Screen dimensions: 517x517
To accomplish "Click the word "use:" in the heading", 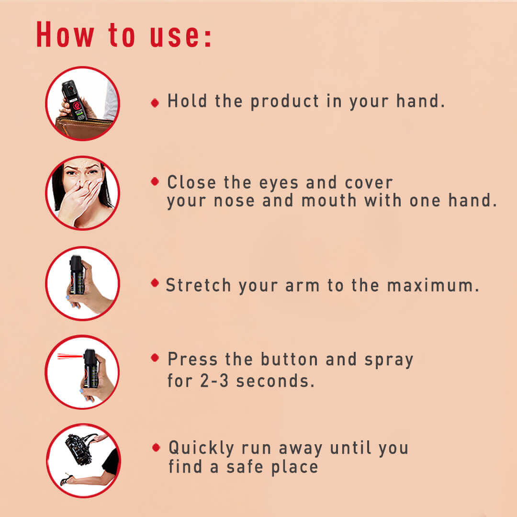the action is coord(180,35).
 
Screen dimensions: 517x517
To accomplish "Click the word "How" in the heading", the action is coord(65,34).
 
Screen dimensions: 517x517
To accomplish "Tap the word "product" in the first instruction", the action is coord(284,101).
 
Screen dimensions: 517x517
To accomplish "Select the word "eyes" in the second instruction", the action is coord(279,183).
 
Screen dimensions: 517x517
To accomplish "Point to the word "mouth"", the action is coord(329,201).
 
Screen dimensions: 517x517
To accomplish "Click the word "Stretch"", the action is coord(198,285).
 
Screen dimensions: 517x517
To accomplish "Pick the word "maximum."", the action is coord(433,285).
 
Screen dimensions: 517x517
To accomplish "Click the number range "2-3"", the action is coord(214,381).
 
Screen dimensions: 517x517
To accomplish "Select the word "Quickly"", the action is coord(202,448).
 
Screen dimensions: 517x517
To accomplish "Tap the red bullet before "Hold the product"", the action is coord(155,103).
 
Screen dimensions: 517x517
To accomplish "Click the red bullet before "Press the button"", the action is coord(155,358).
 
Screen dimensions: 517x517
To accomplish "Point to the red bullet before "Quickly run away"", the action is coord(156,448).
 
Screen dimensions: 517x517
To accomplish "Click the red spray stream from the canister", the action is coord(70,356).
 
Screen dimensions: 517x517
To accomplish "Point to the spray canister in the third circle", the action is coord(77,275).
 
